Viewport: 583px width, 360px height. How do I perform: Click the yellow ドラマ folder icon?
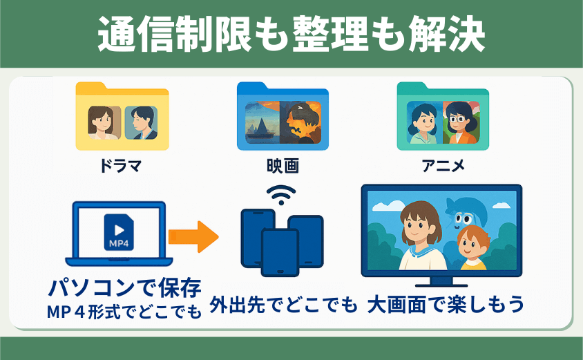click(122, 116)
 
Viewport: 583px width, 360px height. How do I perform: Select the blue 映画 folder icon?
click(283, 116)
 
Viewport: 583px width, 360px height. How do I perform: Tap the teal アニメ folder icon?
click(443, 116)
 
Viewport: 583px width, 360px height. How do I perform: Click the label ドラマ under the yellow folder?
click(121, 166)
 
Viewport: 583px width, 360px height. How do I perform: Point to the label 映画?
click(283, 166)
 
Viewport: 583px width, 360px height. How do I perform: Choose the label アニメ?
click(443, 166)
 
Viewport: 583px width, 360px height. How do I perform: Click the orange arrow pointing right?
click(193, 236)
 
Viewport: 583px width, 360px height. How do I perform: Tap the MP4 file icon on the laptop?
click(119, 232)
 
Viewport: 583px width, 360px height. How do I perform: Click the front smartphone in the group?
click(280, 252)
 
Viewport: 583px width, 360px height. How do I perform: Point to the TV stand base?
click(441, 283)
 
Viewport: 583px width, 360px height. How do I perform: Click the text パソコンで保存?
click(125, 288)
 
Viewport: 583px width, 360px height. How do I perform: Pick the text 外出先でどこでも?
click(283, 305)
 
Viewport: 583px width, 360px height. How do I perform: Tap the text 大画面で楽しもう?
click(446, 305)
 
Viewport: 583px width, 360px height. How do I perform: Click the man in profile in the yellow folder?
click(141, 123)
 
